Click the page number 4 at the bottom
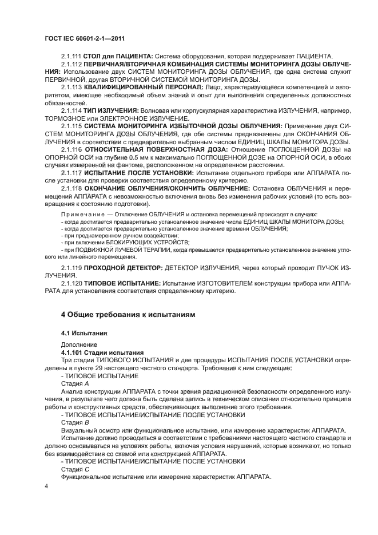coord(46,486)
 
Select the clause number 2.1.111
coord(71,56)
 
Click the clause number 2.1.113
coord(71,86)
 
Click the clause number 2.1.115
coord(71,124)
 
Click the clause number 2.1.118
coord(71,187)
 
